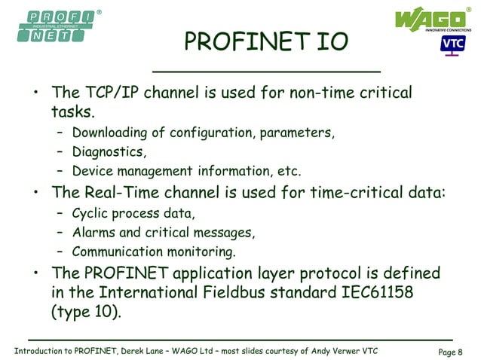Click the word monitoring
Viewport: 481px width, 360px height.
click(x=201, y=252)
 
